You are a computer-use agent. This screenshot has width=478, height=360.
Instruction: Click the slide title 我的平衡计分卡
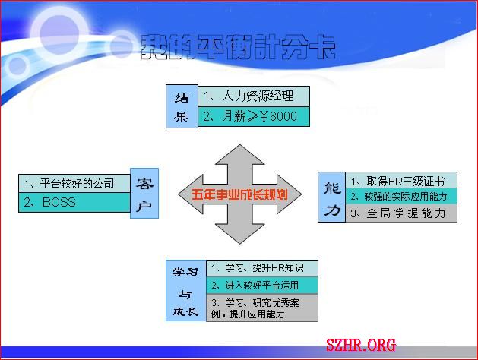(x=238, y=46)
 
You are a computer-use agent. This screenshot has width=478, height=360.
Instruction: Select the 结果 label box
(x=182, y=106)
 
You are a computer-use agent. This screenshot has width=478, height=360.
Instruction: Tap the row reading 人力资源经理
(x=254, y=96)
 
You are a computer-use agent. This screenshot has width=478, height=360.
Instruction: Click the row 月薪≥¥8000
(x=254, y=116)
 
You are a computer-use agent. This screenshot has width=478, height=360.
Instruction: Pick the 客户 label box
(x=144, y=193)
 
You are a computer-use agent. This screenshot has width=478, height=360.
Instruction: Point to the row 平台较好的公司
(x=74, y=183)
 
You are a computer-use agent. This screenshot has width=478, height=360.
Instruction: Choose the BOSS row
(x=74, y=202)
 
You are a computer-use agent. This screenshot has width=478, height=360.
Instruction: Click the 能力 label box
(x=331, y=197)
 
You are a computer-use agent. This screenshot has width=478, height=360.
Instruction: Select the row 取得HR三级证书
(x=401, y=180)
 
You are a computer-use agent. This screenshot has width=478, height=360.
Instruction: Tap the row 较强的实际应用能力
(x=401, y=196)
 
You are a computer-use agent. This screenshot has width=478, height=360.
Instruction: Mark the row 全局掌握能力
(x=401, y=213)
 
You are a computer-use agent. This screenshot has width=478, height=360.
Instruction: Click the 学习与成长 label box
(x=186, y=291)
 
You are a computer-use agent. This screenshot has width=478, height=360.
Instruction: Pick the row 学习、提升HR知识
(x=262, y=268)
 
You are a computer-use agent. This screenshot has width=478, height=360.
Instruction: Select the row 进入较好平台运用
(x=262, y=285)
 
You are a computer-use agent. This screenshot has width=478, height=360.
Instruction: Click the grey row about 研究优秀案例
(x=262, y=308)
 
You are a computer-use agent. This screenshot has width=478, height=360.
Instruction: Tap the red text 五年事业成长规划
(x=239, y=194)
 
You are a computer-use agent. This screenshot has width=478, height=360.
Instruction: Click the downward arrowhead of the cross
(x=240, y=234)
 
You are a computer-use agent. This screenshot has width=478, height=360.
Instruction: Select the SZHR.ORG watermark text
(x=361, y=345)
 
